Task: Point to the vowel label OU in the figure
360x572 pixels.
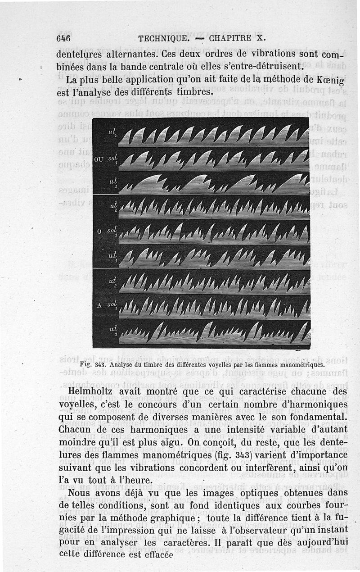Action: [x=99, y=159]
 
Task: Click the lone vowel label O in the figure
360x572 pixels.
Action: [x=98, y=232]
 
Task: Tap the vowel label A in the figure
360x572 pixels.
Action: [x=99, y=305]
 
